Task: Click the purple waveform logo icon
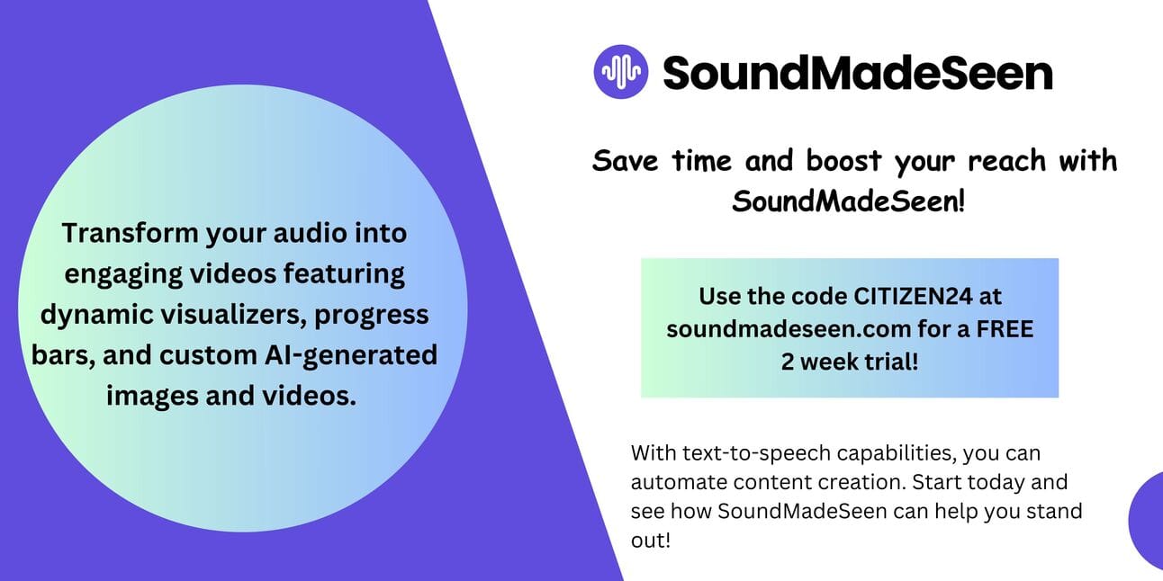[621, 72]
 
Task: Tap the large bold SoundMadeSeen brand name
[858, 73]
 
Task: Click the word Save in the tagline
[625, 160]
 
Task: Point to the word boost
[843, 160]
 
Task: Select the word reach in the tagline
[1006, 160]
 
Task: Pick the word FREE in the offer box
[1005, 329]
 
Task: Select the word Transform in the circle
[131, 232]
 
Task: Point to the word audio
[311, 232]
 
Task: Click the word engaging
[123, 275]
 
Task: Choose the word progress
[372, 316]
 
